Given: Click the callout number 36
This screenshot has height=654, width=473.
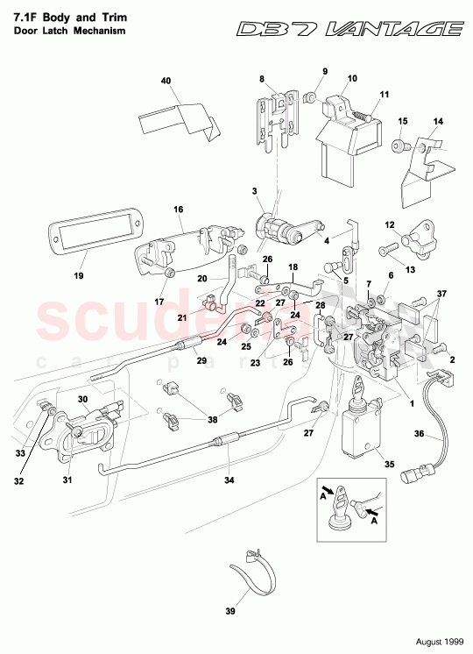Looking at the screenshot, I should pos(419,433).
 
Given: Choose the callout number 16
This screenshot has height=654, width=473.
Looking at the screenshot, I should pos(177,210).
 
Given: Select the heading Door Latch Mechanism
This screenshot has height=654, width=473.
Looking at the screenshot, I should pos(69,31).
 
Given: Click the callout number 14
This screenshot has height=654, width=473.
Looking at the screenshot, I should pos(439,121).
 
